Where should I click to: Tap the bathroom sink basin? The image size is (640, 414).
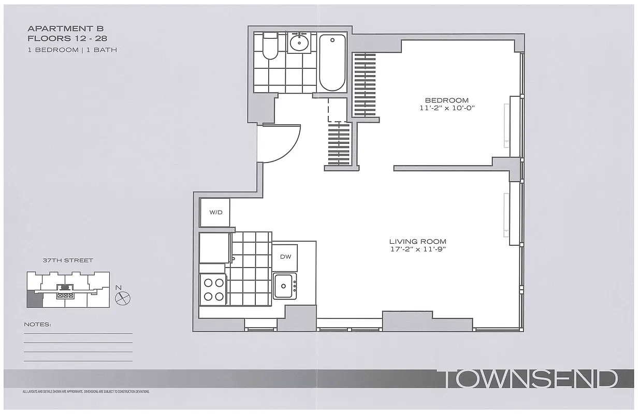(x=299, y=43)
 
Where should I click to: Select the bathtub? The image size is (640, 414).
(x=332, y=63)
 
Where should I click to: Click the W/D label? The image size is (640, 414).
(x=215, y=213)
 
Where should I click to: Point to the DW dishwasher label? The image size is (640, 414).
(x=285, y=257)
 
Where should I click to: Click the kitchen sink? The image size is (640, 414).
(x=284, y=286)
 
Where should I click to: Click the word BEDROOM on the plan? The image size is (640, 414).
(x=447, y=100)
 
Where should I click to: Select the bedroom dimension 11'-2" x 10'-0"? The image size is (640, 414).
(x=447, y=109)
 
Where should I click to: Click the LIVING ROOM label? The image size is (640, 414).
(x=418, y=242)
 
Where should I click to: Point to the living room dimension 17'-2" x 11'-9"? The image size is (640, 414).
(x=418, y=249)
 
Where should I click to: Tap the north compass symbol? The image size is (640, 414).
(x=123, y=297)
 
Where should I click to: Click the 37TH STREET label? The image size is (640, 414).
(x=68, y=260)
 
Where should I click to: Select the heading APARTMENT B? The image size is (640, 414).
(x=66, y=29)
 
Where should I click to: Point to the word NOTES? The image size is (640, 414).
(x=38, y=325)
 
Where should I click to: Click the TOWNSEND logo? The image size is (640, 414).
(x=528, y=379)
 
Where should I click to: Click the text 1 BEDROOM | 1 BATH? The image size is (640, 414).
(x=72, y=50)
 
